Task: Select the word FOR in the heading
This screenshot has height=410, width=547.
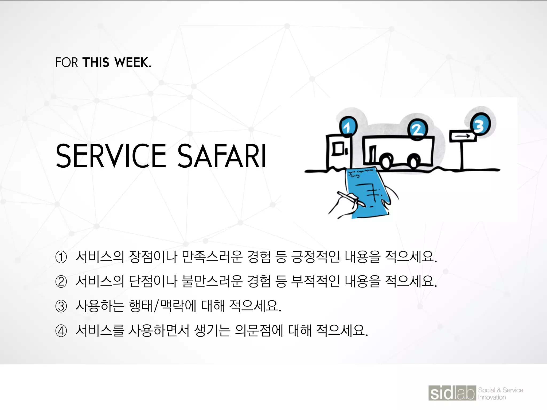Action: (x=67, y=62)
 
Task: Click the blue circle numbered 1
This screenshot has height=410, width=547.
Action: (x=348, y=127)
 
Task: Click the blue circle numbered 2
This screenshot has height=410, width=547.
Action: (x=417, y=129)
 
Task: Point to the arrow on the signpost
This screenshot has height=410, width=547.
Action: (x=462, y=136)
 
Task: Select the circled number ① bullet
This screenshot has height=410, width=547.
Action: (x=61, y=257)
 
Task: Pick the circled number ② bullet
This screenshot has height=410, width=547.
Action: (x=61, y=282)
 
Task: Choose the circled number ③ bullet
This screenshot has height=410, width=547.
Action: (x=61, y=306)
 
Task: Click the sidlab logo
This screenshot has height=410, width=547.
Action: (x=452, y=393)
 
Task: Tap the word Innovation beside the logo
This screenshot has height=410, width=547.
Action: (x=492, y=397)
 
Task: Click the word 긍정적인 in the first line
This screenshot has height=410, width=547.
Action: (x=315, y=257)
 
